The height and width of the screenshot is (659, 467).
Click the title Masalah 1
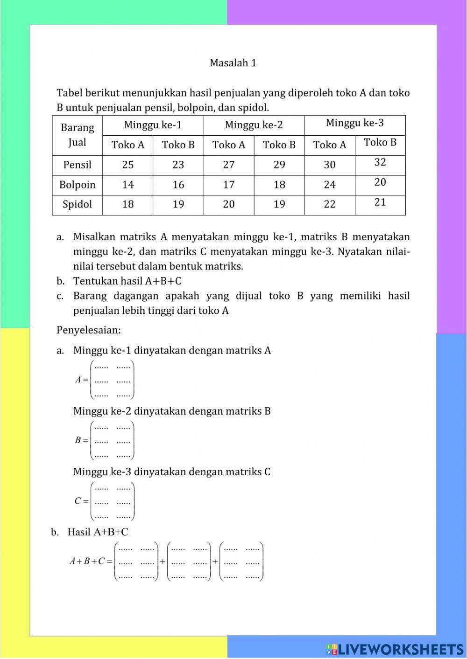(x=233, y=63)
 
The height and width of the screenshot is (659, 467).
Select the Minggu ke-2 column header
(x=254, y=125)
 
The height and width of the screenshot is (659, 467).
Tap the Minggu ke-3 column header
(x=354, y=123)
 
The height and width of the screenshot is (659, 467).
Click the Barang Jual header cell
(x=77, y=135)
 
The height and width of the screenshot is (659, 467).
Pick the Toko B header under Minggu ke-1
(x=178, y=145)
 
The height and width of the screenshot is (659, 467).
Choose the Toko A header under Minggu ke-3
(x=330, y=145)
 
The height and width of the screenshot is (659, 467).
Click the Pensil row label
(x=77, y=165)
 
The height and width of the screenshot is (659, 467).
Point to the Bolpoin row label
(x=77, y=185)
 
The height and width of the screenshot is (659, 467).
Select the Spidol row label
(x=77, y=204)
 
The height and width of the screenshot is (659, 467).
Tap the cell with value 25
(x=127, y=165)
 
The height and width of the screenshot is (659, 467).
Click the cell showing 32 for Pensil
(x=380, y=162)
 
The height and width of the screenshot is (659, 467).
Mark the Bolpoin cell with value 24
(x=330, y=185)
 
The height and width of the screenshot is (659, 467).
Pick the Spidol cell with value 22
(x=330, y=204)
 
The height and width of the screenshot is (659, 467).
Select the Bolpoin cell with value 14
(x=127, y=185)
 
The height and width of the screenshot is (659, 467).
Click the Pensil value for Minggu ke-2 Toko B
(x=279, y=165)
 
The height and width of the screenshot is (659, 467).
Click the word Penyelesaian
(x=88, y=330)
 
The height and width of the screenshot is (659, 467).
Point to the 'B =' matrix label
(x=81, y=440)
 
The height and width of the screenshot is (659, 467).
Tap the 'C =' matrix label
(x=81, y=501)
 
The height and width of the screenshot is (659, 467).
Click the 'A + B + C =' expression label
(x=91, y=562)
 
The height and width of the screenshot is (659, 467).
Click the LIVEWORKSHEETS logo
(x=395, y=649)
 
